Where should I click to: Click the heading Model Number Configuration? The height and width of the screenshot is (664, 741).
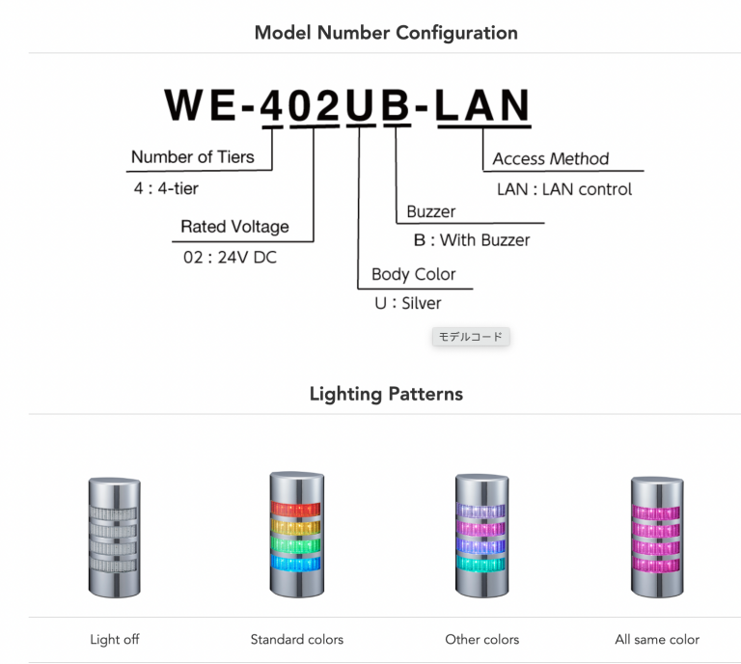point(385,33)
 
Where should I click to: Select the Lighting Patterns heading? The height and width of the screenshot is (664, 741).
point(385,394)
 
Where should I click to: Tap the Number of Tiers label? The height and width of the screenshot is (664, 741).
point(192,156)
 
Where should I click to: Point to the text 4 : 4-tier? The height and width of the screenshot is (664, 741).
point(166,188)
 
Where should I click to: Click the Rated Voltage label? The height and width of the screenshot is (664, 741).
point(234,227)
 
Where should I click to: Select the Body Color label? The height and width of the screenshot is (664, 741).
point(413,273)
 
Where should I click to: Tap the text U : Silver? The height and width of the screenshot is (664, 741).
point(407,303)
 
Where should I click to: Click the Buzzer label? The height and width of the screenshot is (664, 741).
point(430,211)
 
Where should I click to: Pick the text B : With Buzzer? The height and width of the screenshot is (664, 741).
point(471,240)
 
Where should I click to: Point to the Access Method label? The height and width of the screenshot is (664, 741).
point(550,158)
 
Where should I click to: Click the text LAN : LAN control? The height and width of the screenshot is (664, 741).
point(563,189)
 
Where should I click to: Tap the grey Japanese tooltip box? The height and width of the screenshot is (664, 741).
point(470,337)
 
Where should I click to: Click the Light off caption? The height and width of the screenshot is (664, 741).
point(114,639)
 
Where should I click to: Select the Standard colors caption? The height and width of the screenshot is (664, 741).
point(296,639)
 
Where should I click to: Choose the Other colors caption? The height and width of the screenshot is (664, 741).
point(481,639)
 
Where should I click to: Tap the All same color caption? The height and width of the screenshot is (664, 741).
point(657,639)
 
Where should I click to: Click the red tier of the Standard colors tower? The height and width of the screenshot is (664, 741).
point(296,509)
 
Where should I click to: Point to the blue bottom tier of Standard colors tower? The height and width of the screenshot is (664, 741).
point(296,564)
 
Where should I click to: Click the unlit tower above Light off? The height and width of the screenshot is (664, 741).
point(114,536)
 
